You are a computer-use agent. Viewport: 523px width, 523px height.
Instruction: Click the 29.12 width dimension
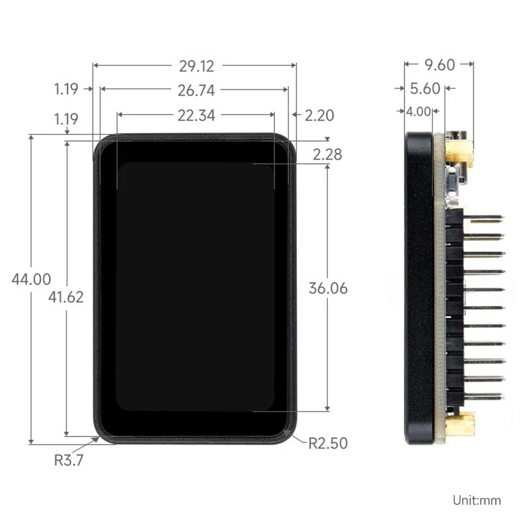click(196, 66)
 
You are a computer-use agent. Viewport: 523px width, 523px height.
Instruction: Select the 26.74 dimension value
click(196, 90)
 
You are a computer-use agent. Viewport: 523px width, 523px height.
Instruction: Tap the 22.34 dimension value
click(196, 116)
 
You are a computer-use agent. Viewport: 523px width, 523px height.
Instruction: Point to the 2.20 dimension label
click(319, 116)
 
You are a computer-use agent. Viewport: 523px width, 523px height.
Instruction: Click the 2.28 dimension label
click(327, 154)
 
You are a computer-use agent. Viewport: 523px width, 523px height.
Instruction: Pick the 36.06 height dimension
click(328, 288)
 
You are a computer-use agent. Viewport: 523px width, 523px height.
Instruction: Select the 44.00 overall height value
click(31, 279)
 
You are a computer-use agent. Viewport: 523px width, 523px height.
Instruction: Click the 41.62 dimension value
click(66, 297)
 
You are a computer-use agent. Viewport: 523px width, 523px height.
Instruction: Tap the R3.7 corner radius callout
click(69, 460)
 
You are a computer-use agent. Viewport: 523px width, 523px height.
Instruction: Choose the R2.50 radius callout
click(327, 444)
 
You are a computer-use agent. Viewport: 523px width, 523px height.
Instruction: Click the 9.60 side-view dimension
click(439, 65)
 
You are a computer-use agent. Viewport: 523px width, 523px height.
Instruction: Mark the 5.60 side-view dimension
click(425, 89)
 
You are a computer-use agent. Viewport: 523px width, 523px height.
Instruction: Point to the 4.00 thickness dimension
click(418, 111)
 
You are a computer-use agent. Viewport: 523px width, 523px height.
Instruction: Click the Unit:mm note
click(477, 501)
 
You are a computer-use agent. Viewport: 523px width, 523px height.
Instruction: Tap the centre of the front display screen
click(195, 287)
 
